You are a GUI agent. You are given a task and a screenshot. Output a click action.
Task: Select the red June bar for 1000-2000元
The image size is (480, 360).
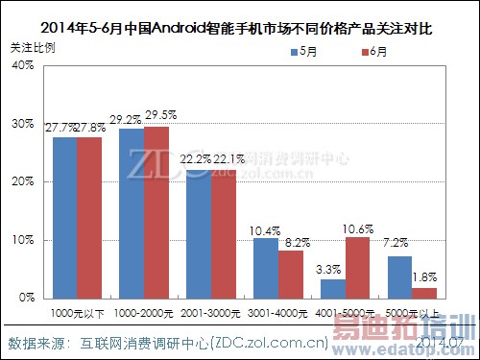pos(156,212)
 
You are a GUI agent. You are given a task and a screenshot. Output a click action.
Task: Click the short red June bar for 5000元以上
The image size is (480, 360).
pos(422,293)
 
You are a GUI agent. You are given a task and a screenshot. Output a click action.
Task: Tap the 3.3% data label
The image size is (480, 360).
pos(329,270)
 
